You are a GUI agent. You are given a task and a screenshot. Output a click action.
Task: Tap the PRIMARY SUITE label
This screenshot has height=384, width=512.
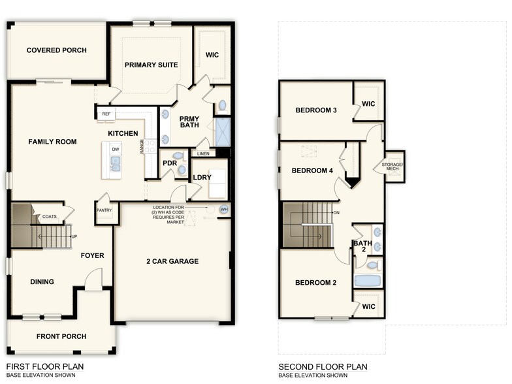click(150, 65)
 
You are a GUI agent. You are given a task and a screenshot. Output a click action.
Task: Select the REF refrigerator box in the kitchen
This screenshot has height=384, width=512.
click(106, 114)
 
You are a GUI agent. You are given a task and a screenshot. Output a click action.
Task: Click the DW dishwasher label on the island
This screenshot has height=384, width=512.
click(115, 150)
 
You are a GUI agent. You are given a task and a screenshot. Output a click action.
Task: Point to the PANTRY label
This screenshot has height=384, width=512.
click(104, 210)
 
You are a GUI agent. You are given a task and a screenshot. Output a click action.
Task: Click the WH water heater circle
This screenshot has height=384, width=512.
click(223, 209)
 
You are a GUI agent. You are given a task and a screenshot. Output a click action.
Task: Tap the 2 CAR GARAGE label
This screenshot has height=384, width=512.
click(172, 261)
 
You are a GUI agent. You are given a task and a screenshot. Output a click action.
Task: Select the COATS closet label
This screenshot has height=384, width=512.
click(50, 217)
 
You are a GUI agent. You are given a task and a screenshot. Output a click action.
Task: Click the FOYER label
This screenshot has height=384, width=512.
click(92, 255)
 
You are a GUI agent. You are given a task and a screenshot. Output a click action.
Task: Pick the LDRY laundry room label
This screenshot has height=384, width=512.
click(202, 177)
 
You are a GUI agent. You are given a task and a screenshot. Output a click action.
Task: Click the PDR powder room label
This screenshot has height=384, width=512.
click(169, 163)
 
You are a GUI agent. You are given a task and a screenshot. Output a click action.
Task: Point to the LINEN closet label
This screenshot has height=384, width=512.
click(202, 153)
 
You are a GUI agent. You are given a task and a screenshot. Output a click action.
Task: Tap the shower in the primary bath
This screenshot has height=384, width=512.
click(223, 131)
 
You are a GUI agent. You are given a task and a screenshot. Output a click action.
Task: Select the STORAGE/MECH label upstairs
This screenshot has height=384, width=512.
click(393, 166)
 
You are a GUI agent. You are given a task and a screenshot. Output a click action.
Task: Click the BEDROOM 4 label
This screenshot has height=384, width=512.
click(312, 170)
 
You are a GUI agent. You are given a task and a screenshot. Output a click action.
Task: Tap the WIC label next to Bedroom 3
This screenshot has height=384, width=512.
click(368, 103)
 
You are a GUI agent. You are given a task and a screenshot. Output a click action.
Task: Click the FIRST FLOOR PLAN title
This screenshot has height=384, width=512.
click(45, 366)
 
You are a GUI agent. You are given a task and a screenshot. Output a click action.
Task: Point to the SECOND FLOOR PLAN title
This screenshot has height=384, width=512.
click(323, 366)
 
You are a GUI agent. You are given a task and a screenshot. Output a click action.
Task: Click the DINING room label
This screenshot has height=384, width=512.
click(42, 282)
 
